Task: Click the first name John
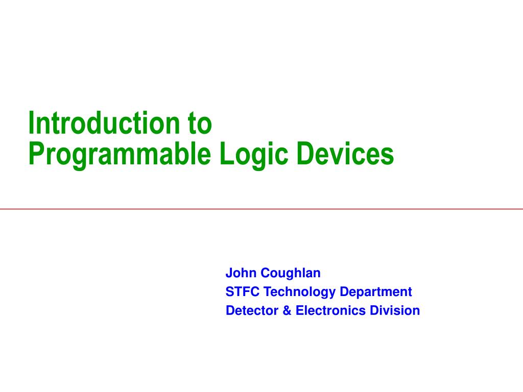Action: pyautogui.click(x=241, y=273)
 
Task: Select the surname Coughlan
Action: pyautogui.click(x=291, y=273)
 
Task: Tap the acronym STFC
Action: pyautogui.click(x=243, y=292)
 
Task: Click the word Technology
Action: pyautogui.click(x=300, y=292)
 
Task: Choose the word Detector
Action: pyautogui.click(x=251, y=310)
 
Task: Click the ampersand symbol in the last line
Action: pyautogui.click(x=286, y=310)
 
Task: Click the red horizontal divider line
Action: pyautogui.click(x=261, y=209)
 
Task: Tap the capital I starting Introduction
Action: pyautogui.click(x=31, y=123)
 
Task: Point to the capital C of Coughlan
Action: pyautogui.click(x=265, y=273)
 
